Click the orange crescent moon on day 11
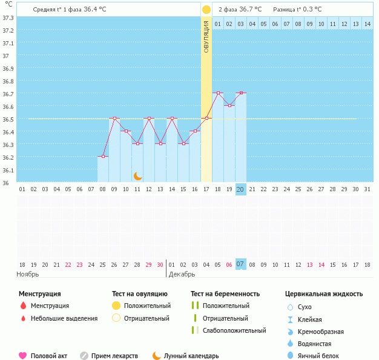click(138, 176)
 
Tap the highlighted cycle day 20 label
click(240, 189)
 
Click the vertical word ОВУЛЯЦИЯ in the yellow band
click(206, 37)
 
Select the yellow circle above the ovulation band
click(206, 10)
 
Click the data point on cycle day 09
click(114, 119)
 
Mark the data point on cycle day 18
click(218, 93)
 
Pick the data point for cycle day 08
click(103, 157)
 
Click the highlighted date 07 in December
click(240, 264)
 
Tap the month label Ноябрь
click(28, 274)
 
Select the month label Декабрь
click(182, 274)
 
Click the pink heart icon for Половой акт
click(23, 356)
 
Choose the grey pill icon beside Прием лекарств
click(84, 356)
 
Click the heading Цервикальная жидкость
click(324, 294)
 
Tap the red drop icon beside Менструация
click(23, 306)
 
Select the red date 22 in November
click(68, 264)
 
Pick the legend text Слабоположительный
click(234, 330)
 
